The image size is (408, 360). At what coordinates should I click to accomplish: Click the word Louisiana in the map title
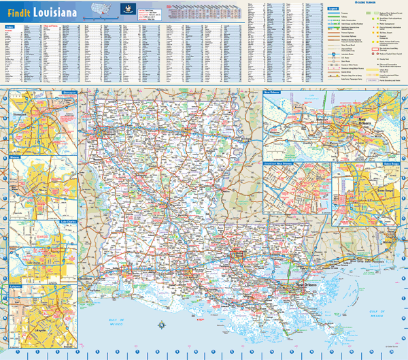click(52, 12)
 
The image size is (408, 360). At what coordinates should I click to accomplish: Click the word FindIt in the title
click(18, 12)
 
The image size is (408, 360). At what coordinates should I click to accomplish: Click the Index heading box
click(10, 27)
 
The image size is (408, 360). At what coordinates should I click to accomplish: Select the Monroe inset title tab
click(14, 157)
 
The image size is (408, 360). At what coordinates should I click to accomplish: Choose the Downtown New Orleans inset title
click(279, 164)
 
